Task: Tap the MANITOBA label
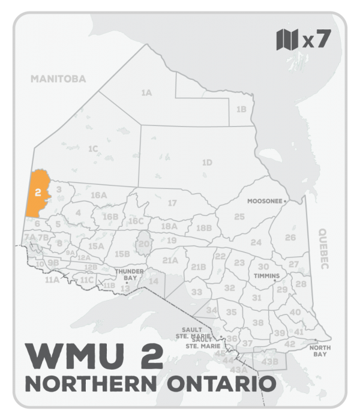59,79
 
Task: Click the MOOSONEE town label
265,202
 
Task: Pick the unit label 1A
146,93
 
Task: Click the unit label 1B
241,109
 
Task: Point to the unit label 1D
207,163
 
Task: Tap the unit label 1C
92,148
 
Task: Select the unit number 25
239,216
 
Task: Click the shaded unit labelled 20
143,245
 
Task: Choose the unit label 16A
98,196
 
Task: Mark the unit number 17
172,203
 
